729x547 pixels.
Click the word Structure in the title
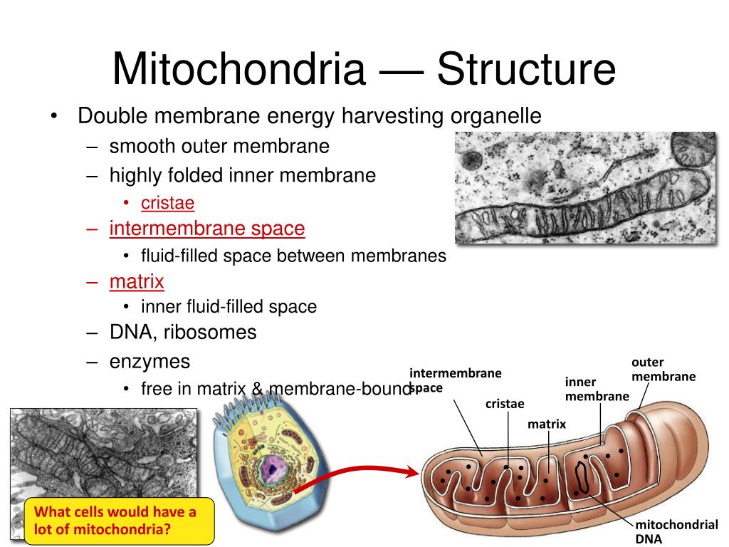(526, 70)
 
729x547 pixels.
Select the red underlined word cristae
(167, 203)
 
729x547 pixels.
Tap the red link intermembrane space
(207, 229)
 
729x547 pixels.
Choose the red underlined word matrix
(137, 281)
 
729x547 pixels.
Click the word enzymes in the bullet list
(150, 362)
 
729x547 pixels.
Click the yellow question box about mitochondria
(119, 521)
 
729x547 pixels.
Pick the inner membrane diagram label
(597, 389)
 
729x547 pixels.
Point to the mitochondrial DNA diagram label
(676, 531)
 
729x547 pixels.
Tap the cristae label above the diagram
(505, 404)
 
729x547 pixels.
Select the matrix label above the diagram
(546, 424)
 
